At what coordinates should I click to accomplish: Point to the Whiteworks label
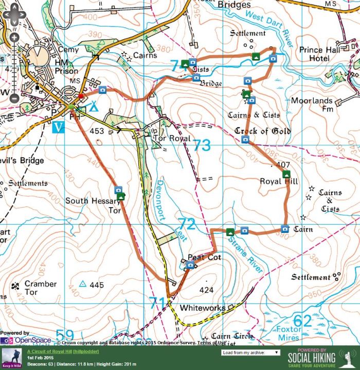pyautogui.click(x=202, y=308)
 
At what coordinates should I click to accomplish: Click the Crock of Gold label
pyautogui.click(x=262, y=131)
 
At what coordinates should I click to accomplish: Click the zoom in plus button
pyautogui.click(x=14, y=37)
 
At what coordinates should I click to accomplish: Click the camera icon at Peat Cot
pyautogui.click(x=190, y=265)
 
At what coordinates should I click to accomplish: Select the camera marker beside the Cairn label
pyautogui.click(x=284, y=229)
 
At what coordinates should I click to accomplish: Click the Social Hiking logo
pyautogui.click(x=312, y=358)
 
